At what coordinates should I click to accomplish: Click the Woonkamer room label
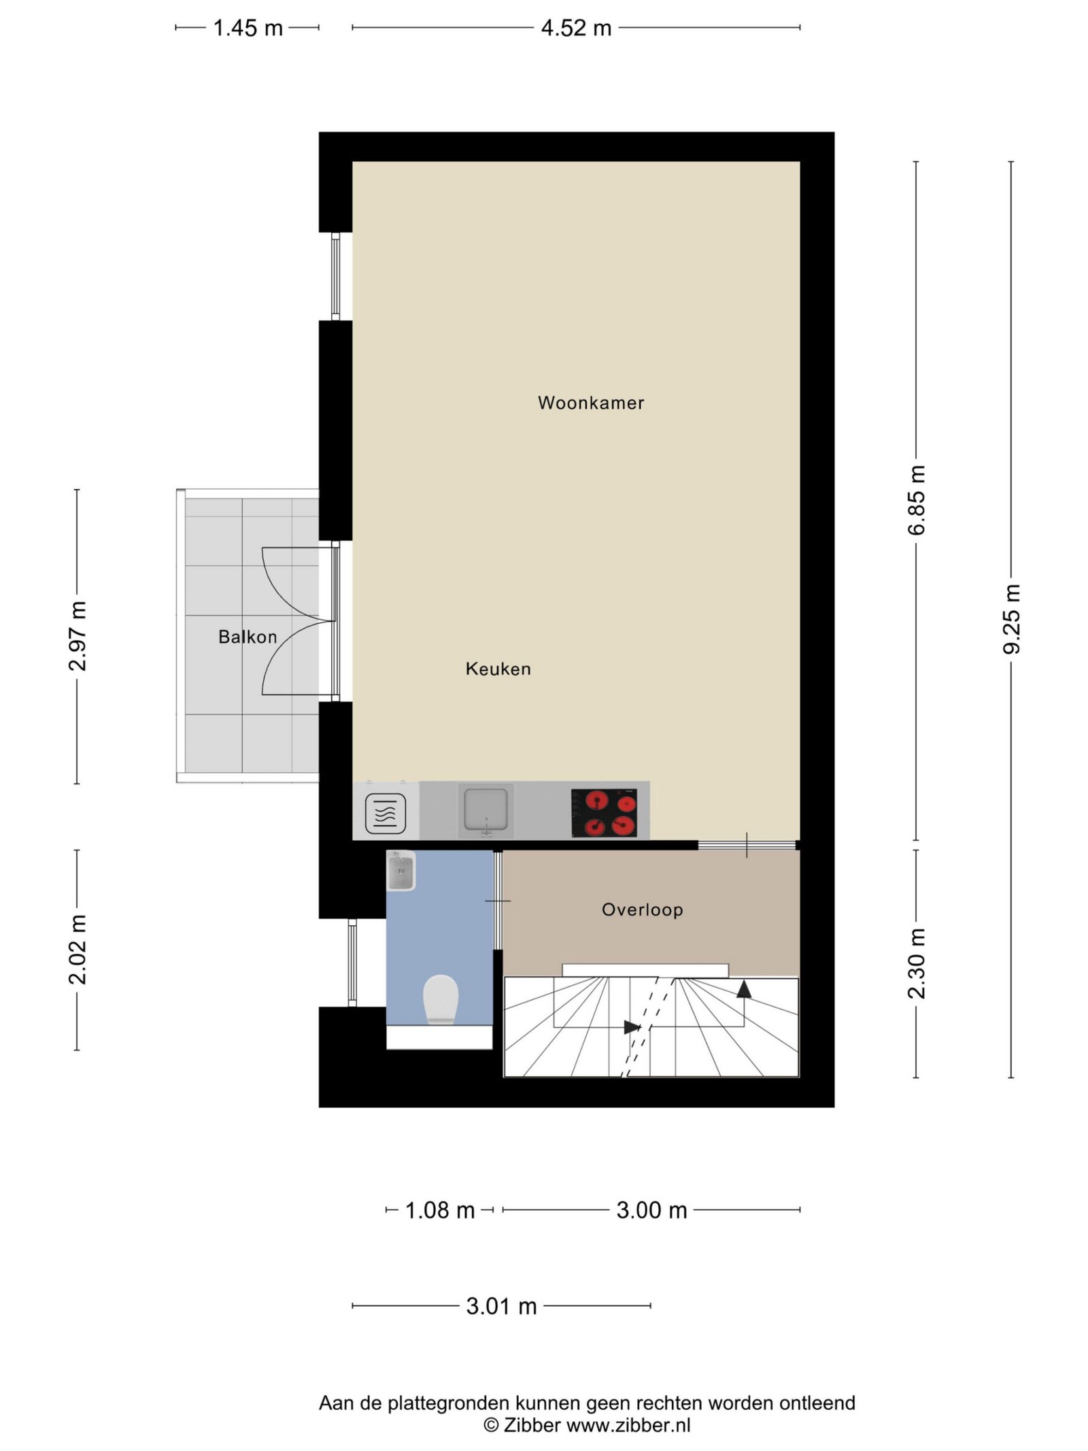(x=590, y=403)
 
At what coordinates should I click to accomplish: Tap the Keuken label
(x=498, y=669)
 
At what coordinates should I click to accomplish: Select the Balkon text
(x=248, y=637)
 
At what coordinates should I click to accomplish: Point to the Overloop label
(x=642, y=910)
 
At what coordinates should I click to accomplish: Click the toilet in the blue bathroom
(x=440, y=999)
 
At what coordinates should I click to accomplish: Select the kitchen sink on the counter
(x=486, y=810)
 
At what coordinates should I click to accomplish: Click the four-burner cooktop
(x=604, y=812)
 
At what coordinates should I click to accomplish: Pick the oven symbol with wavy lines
(x=386, y=814)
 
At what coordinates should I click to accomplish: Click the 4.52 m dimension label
(x=576, y=28)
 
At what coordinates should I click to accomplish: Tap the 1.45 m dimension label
(x=248, y=28)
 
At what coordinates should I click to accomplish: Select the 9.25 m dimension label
(x=1011, y=619)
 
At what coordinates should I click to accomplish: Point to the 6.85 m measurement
(x=916, y=500)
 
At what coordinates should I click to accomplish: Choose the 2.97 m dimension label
(x=77, y=636)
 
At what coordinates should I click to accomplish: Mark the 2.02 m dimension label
(x=77, y=949)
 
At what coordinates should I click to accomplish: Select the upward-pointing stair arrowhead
(x=744, y=989)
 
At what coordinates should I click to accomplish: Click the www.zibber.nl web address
(x=628, y=1422)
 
